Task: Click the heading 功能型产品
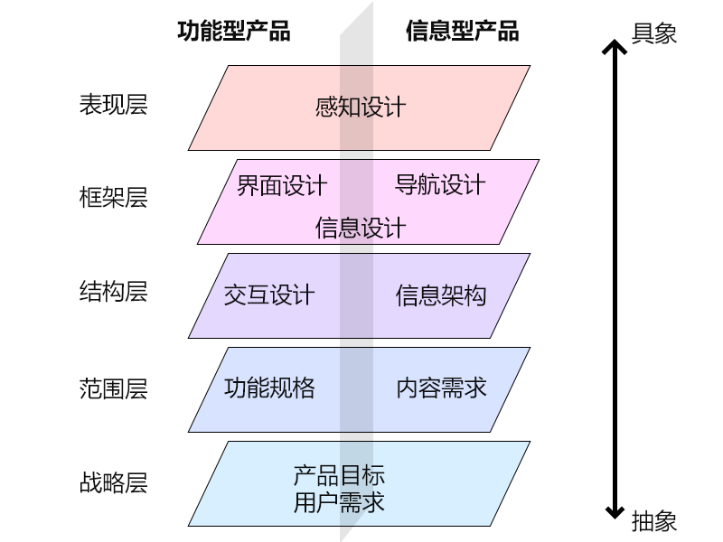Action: coord(234,31)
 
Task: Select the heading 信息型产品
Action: coord(462,31)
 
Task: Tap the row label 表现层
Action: coord(113,105)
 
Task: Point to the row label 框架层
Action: coord(113,198)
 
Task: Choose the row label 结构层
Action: coord(113,292)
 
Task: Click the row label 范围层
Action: coord(113,389)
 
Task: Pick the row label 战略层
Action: coord(113,483)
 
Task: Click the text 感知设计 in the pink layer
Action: coord(361,107)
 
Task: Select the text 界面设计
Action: coord(282,186)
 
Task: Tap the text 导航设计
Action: coord(440,185)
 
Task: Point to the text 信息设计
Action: coord(361,227)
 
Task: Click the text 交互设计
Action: coord(269,295)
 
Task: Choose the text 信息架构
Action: coord(441,295)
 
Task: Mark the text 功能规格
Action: coord(269,388)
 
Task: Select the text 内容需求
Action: coord(441,388)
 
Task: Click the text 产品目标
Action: coord(339,475)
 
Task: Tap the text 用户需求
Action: coord(339,502)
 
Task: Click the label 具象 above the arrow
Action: coord(654,33)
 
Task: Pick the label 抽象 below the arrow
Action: coord(654,521)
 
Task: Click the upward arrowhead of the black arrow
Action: coord(615,48)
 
